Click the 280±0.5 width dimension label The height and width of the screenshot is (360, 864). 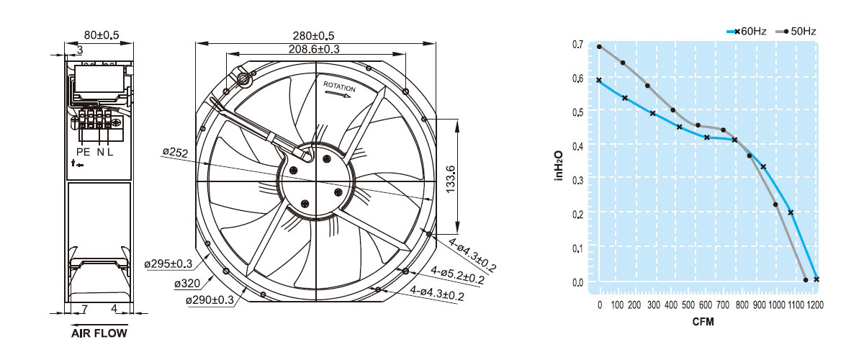(313, 36)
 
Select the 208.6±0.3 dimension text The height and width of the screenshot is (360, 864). (314, 50)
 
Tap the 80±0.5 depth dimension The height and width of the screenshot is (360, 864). (102, 35)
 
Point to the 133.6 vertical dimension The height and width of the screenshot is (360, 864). (450, 179)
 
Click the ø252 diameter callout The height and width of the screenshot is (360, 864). (175, 153)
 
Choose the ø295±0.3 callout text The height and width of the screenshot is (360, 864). (168, 264)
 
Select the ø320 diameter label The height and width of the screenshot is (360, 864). (187, 284)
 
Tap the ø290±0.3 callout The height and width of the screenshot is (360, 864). (210, 300)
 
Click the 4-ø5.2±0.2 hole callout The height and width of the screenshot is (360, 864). (457, 275)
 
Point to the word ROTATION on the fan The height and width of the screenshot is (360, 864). (339, 86)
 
